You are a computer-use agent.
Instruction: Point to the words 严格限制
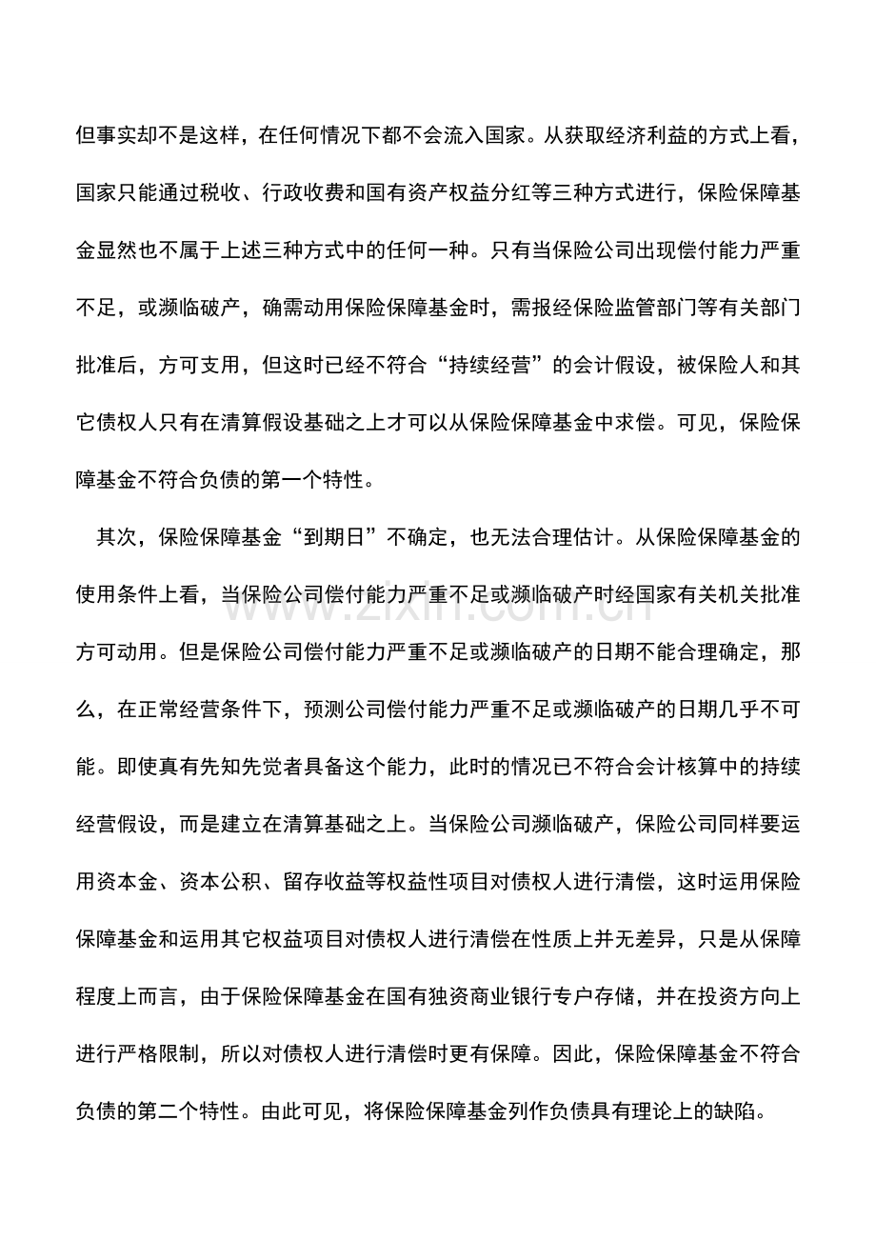point(161,1056)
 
